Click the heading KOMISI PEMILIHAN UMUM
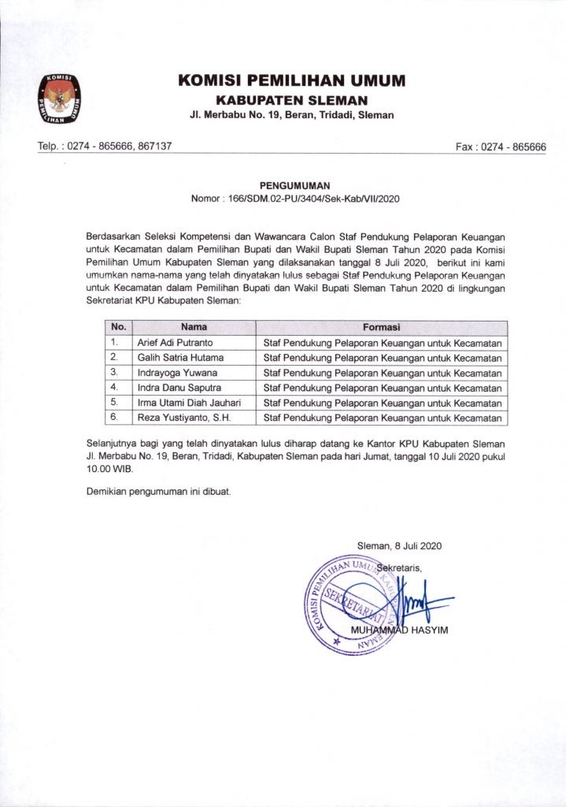[291, 80]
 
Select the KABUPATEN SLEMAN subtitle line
[291, 100]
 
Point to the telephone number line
[105, 147]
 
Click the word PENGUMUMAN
[295, 186]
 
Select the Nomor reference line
[295, 199]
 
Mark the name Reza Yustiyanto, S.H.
[183, 418]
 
